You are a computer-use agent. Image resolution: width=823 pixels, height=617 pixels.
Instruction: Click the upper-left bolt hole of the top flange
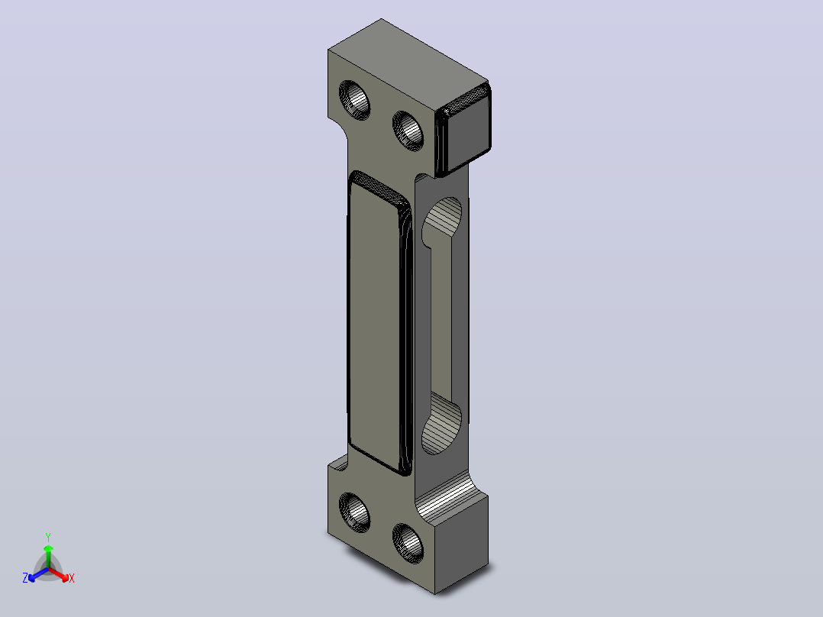pos(354,100)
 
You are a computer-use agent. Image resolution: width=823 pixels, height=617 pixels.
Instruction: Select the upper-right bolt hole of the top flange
pos(408,131)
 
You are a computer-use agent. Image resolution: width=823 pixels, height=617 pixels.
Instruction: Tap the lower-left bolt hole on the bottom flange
pos(354,512)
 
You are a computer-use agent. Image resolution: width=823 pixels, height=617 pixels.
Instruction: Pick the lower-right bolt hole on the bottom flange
pos(408,544)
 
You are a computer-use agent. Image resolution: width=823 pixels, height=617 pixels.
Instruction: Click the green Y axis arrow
pos(48,557)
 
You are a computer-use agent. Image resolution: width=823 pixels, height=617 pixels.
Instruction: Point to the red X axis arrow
pos(59,574)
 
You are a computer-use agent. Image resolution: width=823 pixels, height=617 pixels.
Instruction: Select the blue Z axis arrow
pos(38,574)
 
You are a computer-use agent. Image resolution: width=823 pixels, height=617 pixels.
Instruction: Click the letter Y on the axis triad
pos(48,537)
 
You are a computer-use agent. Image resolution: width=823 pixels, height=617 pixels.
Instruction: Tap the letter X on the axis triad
pos(72,578)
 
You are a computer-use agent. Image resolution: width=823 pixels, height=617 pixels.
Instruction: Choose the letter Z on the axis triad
pos(24,578)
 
